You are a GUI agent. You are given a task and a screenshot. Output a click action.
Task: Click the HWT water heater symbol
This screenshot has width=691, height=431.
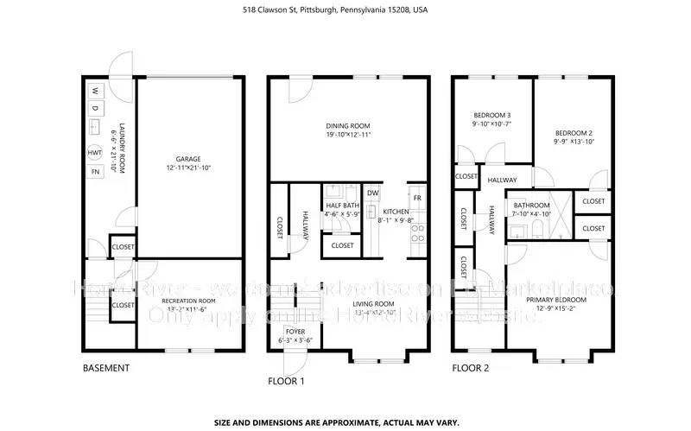pos(95,153)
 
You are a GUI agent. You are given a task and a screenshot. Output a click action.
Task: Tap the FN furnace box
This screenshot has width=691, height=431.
pos(95,172)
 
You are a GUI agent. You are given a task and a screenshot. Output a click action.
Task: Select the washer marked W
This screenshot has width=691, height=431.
pos(95,90)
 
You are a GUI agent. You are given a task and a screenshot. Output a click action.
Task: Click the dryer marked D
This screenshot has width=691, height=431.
pos(95,108)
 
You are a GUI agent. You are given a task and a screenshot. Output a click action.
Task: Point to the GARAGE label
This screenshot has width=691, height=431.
pos(188,159)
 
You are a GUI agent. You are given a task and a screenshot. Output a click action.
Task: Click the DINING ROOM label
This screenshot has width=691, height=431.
pos(348,126)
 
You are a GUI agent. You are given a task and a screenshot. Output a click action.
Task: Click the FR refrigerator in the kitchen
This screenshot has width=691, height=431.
pos(417,198)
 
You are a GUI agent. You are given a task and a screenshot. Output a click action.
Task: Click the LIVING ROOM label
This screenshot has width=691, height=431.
pos(373,304)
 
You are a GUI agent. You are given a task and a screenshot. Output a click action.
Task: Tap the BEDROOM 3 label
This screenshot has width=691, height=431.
pos(491,115)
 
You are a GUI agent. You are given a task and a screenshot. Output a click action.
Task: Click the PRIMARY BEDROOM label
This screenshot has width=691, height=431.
pos(562,300)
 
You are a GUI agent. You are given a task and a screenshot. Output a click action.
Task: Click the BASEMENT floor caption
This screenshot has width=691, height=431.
pos(106,368)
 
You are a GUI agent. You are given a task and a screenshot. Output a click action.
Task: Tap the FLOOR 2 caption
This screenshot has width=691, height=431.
pos(472,368)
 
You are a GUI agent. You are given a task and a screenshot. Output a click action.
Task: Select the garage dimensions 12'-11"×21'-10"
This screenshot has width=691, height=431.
pos(188,168)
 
